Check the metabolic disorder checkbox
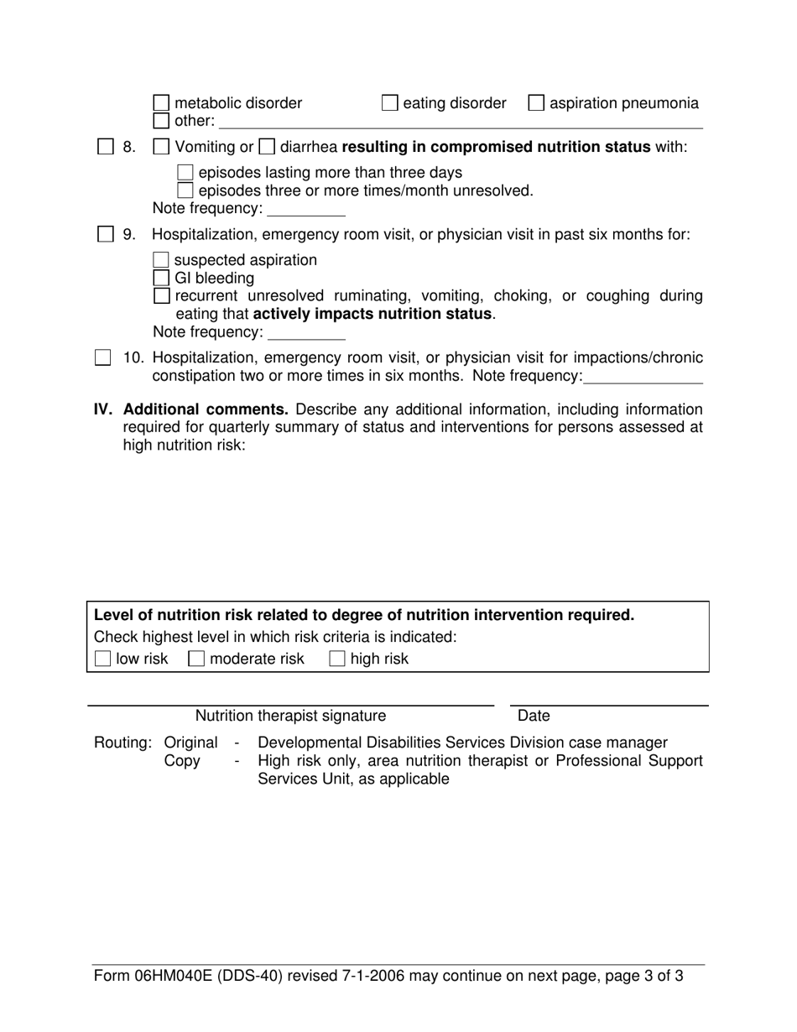[162, 103]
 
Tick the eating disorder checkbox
[389, 103]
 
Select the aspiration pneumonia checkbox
[535, 103]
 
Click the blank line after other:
[460, 122]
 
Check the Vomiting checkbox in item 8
[162, 147]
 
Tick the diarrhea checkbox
[266, 147]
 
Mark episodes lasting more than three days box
[186, 173]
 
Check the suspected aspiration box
[162, 260]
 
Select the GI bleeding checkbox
[162, 278]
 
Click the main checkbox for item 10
[102, 358]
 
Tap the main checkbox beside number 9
[105, 235]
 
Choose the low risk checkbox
[102, 659]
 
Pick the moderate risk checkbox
[196, 659]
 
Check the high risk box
[337, 659]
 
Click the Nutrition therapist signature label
[290, 716]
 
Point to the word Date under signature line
[534, 716]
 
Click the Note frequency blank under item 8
[305, 209]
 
